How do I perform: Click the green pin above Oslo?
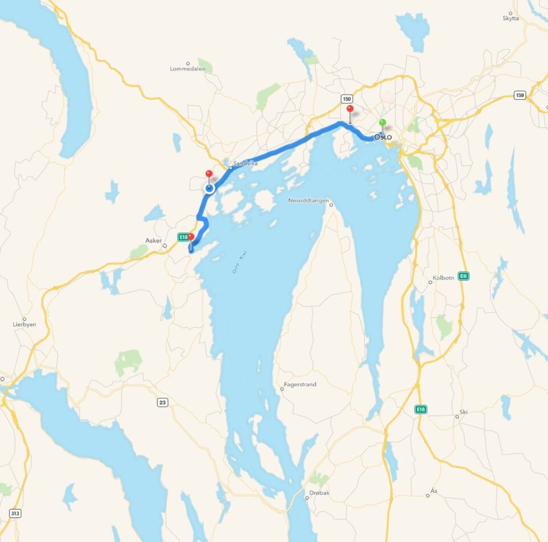click(382, 123)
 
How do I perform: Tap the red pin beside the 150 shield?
click(350, 110)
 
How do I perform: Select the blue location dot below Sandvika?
click(209, 188)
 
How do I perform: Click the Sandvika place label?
click(245, 163)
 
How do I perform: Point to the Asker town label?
click(154, 241)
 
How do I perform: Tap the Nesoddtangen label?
click(309, 200)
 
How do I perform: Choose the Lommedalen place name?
click(187, 69)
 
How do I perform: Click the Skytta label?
click(511, 18)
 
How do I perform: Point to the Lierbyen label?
click(25, 324)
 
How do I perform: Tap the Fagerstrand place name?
click(300, 385)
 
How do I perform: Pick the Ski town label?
click(463, 412)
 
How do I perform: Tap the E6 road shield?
click(463, 276)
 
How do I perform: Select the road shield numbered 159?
click(519, 95)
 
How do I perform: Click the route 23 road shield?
click(163, 403)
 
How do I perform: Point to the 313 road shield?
click(15, 513)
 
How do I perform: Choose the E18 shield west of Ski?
click(421, 410)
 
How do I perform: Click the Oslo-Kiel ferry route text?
click(238, 264)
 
